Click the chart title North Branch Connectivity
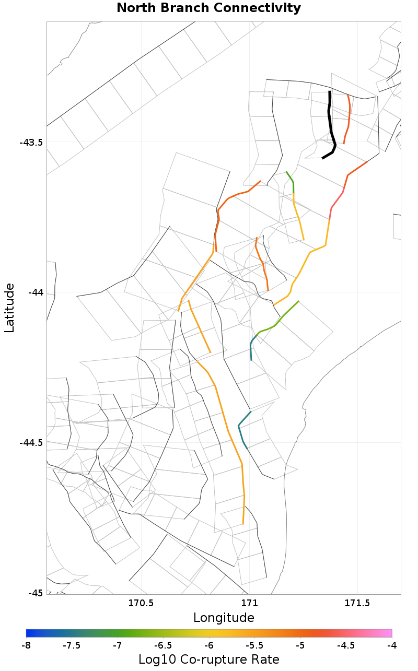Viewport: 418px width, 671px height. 208,8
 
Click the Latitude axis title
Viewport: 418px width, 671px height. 9,308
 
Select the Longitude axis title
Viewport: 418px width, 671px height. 224,618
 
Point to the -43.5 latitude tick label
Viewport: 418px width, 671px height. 31,143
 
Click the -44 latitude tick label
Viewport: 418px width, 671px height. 35,292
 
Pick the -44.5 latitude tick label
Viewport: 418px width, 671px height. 31,443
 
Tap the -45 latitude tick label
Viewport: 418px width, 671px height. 35,593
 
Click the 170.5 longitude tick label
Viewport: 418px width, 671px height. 141,604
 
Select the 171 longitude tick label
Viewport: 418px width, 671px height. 249,604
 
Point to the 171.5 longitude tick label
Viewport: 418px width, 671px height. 357,604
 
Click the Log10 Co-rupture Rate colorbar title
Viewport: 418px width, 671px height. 208,660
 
